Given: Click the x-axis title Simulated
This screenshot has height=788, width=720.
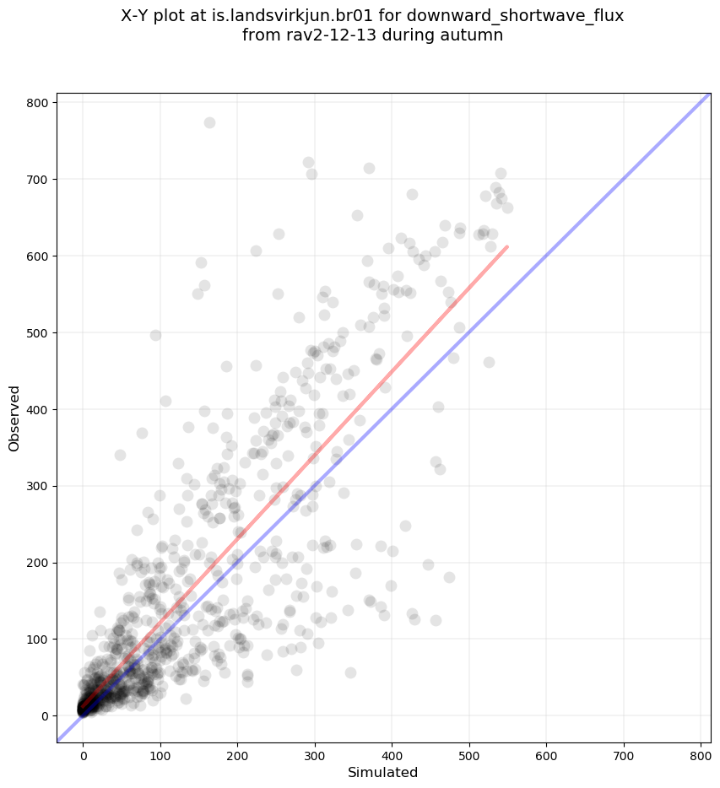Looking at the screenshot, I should point(383,772).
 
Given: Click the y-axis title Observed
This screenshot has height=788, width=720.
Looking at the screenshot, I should point(14,418).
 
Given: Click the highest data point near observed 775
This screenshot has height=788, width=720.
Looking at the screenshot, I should point(209,122).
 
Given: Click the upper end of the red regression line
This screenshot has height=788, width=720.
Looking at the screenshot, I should point(506,246).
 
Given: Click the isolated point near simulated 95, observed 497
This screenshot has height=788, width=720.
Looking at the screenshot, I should point(155,335).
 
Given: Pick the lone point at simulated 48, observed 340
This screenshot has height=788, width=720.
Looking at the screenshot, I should point(120,455).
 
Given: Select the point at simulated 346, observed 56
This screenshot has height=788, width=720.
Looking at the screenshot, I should point(350,672).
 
